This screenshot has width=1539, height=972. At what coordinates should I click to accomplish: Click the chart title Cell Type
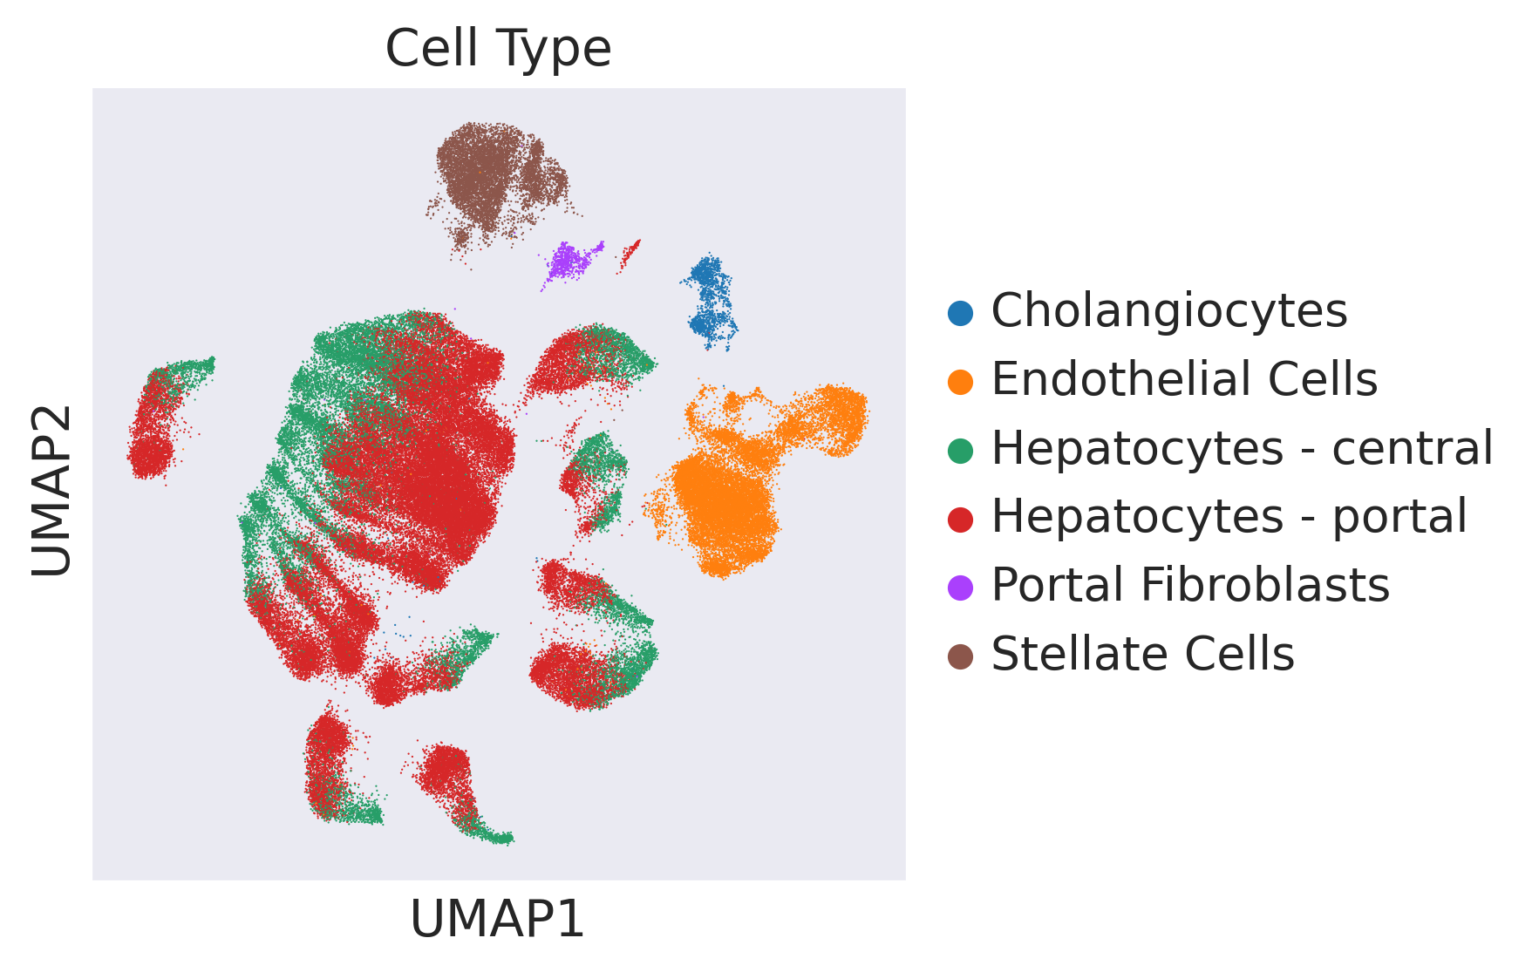coord(498,49)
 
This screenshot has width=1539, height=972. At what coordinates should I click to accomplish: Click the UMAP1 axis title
coord(498,920)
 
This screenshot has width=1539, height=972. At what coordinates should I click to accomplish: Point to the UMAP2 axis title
coord(51,490)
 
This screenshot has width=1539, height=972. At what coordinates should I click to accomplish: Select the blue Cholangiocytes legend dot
coord(960,313)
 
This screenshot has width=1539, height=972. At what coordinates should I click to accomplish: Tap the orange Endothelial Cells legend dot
coord(960,382)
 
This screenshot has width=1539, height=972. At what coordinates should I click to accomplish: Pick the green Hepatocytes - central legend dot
coord(960,451)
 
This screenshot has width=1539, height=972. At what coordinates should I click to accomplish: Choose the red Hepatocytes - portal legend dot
coord(960,520)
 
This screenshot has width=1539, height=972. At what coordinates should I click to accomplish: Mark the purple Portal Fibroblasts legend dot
coord(960,588)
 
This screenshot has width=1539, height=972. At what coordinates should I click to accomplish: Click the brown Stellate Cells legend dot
coord(960,656)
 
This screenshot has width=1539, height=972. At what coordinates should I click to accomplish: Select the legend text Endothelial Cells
coord(1184,380)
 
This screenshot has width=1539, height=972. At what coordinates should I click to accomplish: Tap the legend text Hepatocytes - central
coord(1243,450)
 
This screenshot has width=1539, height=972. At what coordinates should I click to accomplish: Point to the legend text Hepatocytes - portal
coord(1229,518)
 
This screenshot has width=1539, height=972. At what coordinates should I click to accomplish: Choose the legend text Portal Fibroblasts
coord(1190,586)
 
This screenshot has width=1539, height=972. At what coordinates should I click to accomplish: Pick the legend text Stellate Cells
coord(1142,655)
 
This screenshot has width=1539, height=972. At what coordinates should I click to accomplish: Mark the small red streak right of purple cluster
coord(630,255)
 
